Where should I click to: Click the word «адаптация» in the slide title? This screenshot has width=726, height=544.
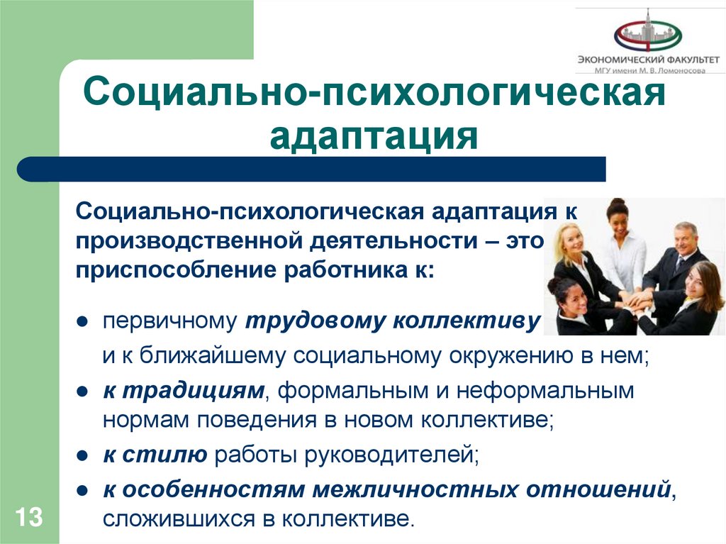pos(373,135)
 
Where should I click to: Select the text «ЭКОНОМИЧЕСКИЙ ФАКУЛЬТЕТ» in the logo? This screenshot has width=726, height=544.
pos(648,60)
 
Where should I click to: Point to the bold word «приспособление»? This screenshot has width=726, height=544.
pos(177,271)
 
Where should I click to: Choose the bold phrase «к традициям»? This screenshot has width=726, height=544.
pos(184,389)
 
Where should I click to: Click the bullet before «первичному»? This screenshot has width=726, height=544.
pos(82,321)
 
